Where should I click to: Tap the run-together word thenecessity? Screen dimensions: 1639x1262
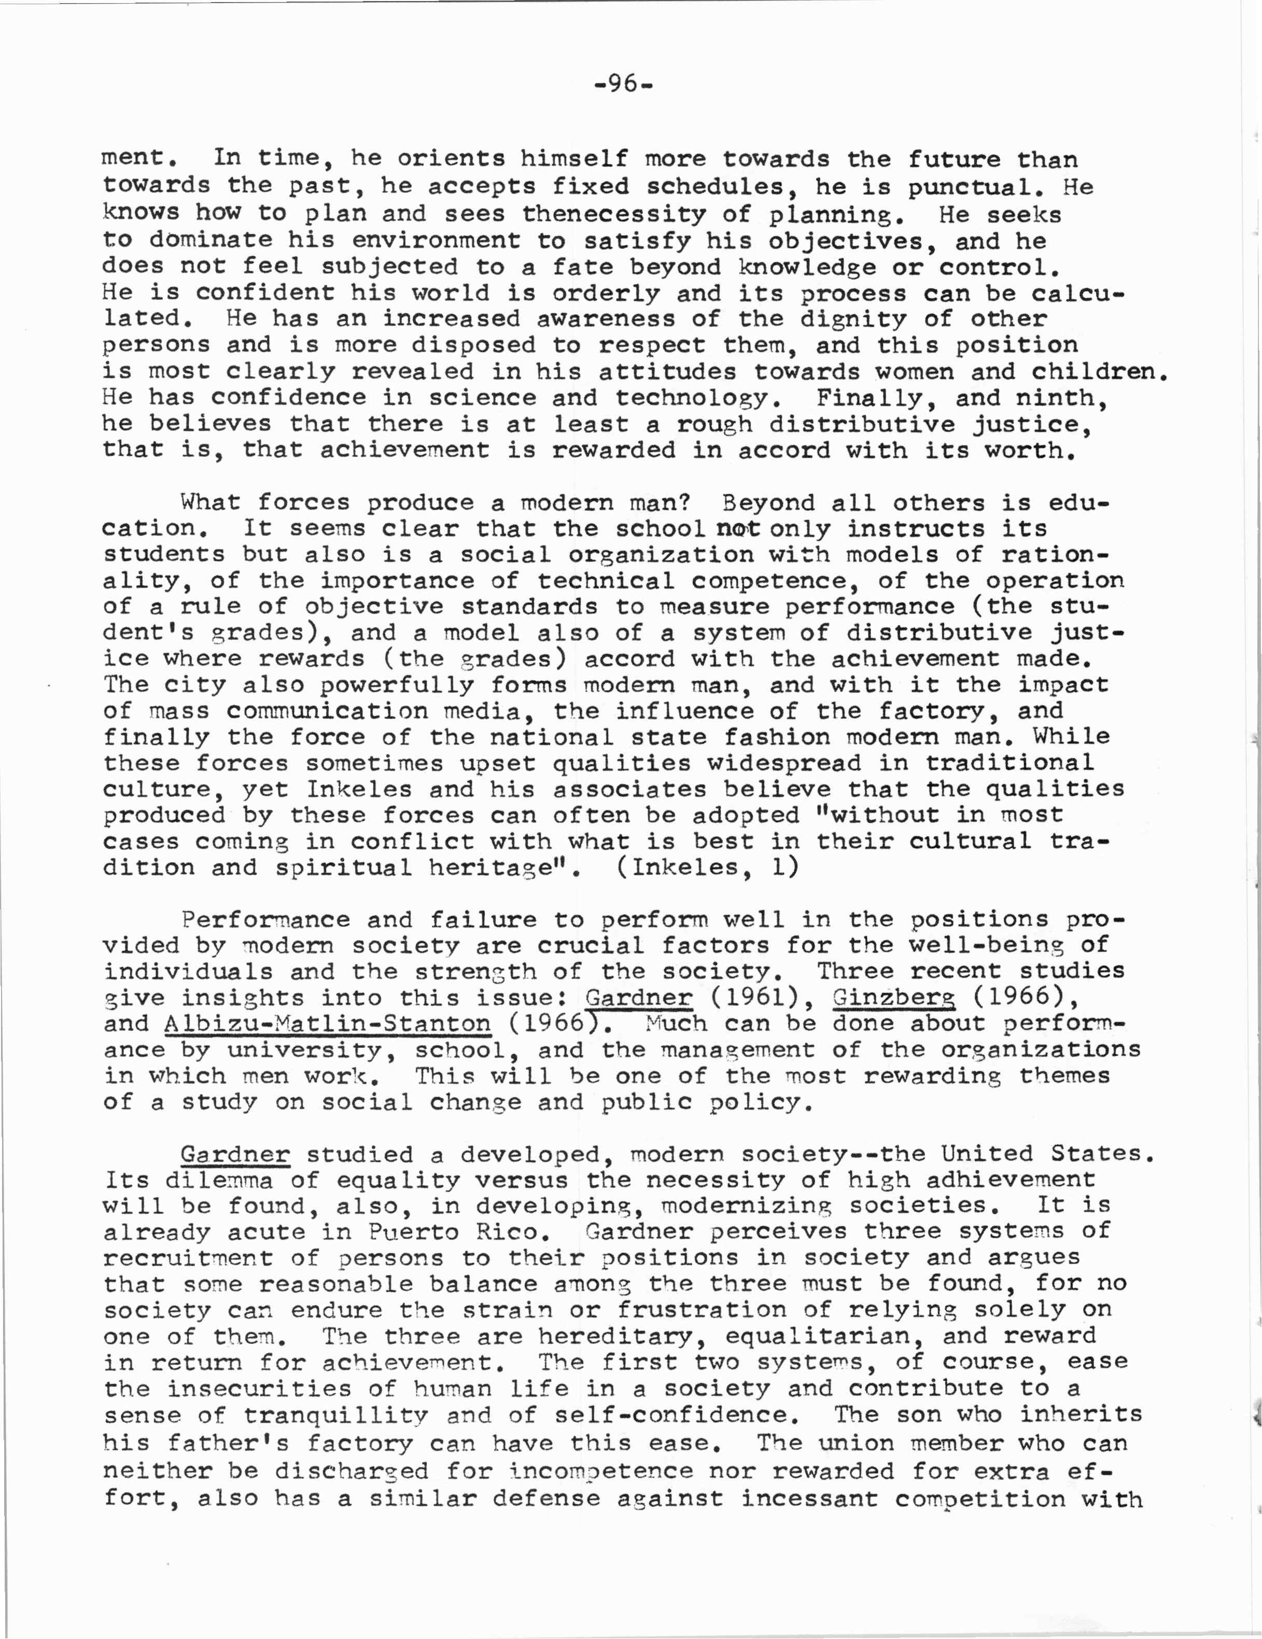(x=614, y=215)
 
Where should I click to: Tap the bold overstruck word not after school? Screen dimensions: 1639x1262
(x=739, y=528)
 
